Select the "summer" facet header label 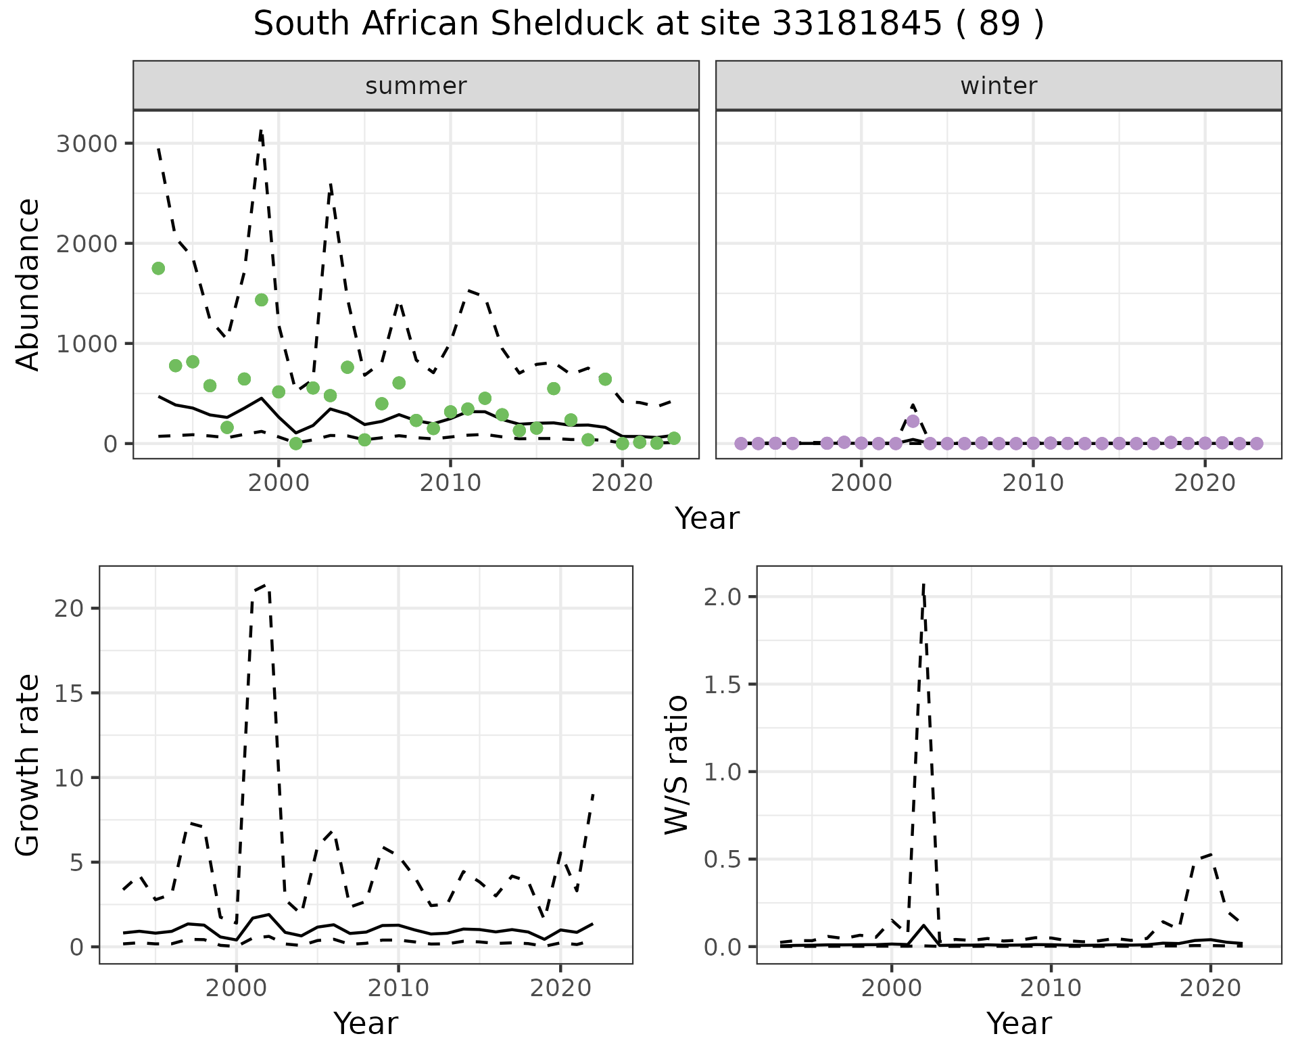[x=416, y=86]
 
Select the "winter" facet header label [x=999, y=86]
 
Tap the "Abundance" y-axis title [x=28, y=284]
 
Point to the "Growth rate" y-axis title [x=28, y=765]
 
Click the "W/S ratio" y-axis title [x=676, y=765]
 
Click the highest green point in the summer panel [x=158, y=268]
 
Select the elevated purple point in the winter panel [x=913, y=421]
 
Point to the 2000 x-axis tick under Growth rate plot [x=236, y=988]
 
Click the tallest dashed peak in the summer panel [x=261, y=131]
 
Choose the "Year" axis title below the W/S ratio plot [x=1019, y=1024]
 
